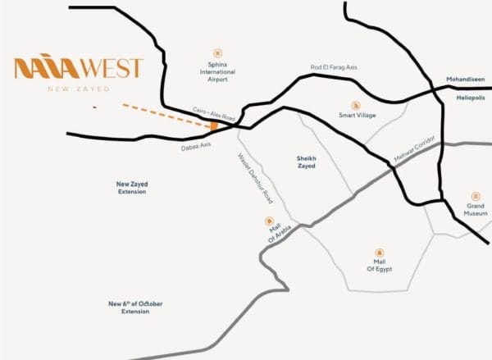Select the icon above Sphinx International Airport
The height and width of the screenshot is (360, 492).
click(x=217, y=52)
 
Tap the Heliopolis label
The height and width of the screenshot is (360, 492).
click(x=471, y=98)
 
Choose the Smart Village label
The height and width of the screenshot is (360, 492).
click(x=357, y=116)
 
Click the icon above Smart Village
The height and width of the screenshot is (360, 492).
click(x=356, y=104)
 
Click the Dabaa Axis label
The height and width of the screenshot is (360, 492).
click(x=197, y=145)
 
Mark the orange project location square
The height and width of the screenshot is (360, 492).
click(x=214, y=126)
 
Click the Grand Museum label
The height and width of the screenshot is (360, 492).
click(x=476, y=210)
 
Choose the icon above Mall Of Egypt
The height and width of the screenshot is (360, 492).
click(x=379, y=252)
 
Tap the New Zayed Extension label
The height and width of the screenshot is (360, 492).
click(x=131, y=189)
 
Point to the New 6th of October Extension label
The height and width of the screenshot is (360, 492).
click(x=136, y=308)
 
